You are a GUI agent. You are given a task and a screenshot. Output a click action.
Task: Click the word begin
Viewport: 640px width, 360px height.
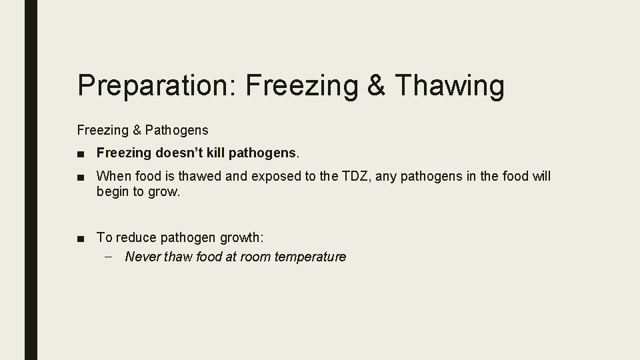[113, 192]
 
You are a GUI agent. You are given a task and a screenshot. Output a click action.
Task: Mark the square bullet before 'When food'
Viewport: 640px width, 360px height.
[81, 177]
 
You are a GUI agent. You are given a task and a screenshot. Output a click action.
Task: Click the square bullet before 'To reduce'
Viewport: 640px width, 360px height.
[81, 237]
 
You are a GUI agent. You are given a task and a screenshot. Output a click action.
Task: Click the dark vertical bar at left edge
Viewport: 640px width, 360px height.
[31, 180]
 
